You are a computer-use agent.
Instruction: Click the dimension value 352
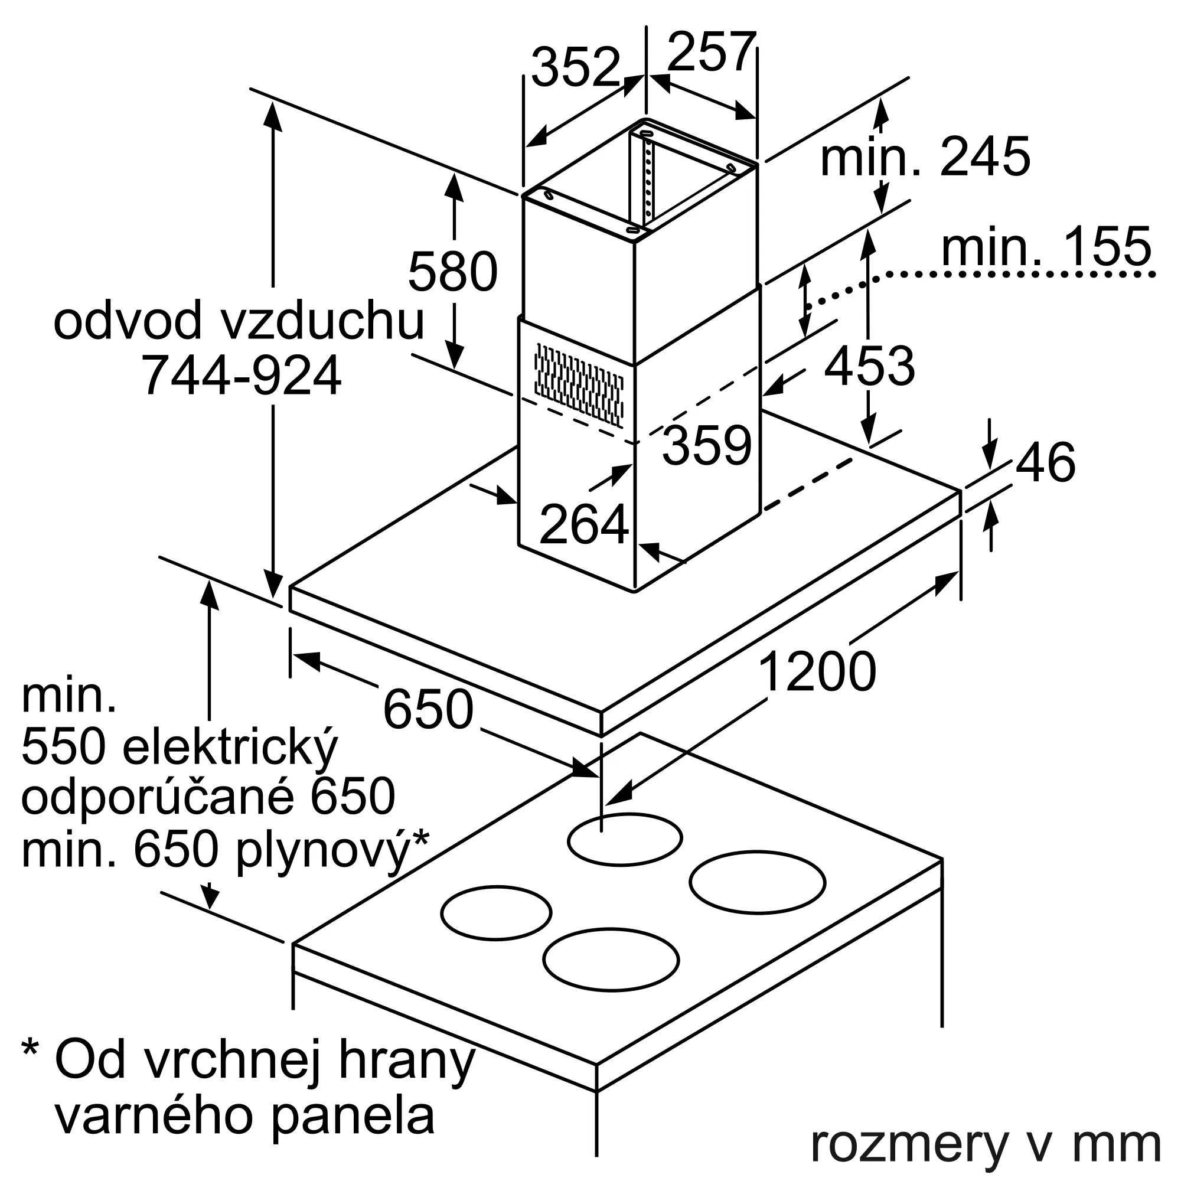pos(576,67)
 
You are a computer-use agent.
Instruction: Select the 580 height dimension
pos(453,272)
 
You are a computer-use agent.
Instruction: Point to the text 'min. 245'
pos(925,157)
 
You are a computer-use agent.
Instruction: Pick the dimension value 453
pos(870,366)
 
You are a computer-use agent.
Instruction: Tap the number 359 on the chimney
pos(707,446)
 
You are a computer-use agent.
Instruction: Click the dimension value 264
pos(584,524)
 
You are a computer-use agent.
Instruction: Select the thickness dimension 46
pos(1046,463)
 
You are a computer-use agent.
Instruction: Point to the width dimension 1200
pos(817,672)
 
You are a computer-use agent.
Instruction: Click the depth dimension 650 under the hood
pos(429,709)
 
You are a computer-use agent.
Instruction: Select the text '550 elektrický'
pos(180,749)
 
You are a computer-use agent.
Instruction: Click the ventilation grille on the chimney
pos(579,384)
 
